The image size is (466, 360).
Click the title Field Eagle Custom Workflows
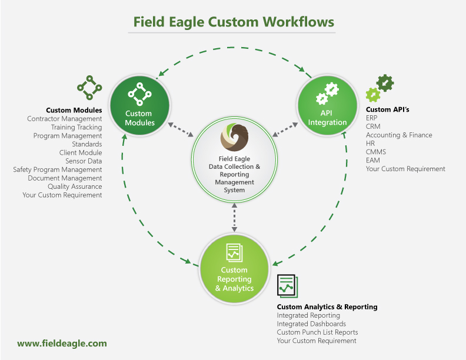point(234,22)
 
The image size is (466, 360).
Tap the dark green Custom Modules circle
point(139,104)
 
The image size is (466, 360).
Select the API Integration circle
point(327,104)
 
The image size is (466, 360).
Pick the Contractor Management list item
point(65,119)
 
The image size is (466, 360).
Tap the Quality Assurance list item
point(75,186)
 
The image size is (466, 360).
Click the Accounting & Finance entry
point(399,135)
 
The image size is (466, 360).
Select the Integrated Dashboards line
point(311,324)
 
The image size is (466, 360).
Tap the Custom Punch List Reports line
point(317,332)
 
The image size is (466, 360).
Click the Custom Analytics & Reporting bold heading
point(327,306)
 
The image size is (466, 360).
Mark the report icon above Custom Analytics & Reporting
point(287,286)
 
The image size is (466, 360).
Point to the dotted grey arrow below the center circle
point(234,217)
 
